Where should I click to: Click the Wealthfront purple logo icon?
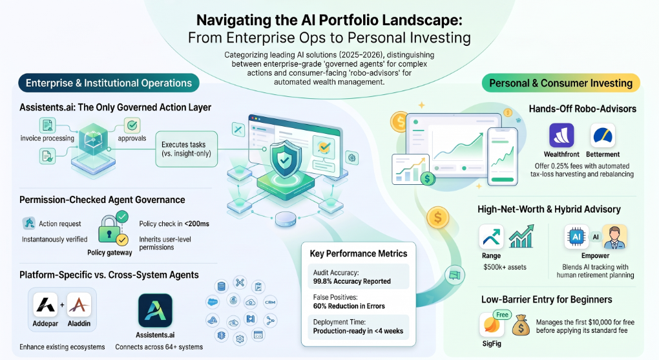point(561,135)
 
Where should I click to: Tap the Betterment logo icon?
point(603,135)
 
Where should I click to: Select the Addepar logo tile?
point(45,304)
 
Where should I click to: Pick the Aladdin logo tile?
point(79,304)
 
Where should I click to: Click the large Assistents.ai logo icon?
point(155,310)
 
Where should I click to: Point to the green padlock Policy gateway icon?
point(109,229)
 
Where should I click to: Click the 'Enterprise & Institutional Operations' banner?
point(109,83)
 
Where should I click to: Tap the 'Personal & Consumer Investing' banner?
point(561,83)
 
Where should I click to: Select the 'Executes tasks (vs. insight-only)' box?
point(187,149)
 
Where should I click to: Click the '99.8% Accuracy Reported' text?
point(351,281)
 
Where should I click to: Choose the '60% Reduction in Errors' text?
point(349,306)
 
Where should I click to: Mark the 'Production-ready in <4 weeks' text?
point(358,331)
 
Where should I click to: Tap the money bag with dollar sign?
point(521,326)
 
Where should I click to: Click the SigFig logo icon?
point(492,324)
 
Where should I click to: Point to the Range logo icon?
point(491,237)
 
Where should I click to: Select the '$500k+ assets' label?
point(505,267)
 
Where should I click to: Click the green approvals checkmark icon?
point(132,125)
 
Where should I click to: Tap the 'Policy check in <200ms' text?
point(174,224)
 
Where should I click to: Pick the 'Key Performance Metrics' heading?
point(359,253)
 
